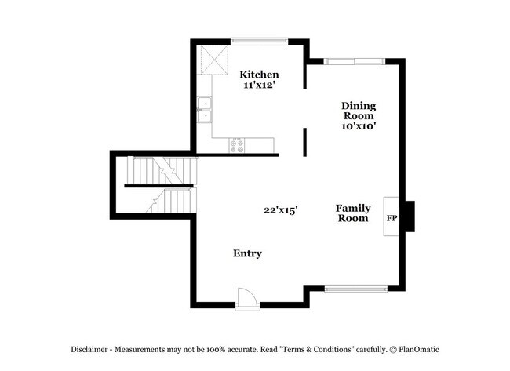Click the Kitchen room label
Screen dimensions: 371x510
pyautogui.click(x=259, y=74)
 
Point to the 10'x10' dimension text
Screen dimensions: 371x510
pyautogui.click(x=359, y=125)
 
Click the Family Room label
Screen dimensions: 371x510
pyautogui.click(x=353, y=213)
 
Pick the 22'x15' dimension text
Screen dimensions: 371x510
pyautogui.click(x=280, y=210)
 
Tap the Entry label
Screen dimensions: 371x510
pyautogui.click(x=248, y=254)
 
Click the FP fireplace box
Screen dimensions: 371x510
pyautogui.click(x=391, y=215)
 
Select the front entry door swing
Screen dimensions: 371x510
pyautogui.click(x=246, y=297)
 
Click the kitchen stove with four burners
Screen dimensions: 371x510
pyautogui.click(x=236, y=144)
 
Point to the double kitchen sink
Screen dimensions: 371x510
pyautogui.click(x=204, y=110)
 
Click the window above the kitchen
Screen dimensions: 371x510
pyautogui.click(x=259, y=40)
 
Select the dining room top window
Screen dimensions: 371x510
pyautogui.click(x=355, y=60)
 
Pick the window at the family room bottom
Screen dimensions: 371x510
pyautogui.click(x=355, y=289)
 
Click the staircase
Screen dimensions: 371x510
pyautogui.click(x=161, y=187)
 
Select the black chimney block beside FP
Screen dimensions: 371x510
pyautogui.click(x=408, y=215)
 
